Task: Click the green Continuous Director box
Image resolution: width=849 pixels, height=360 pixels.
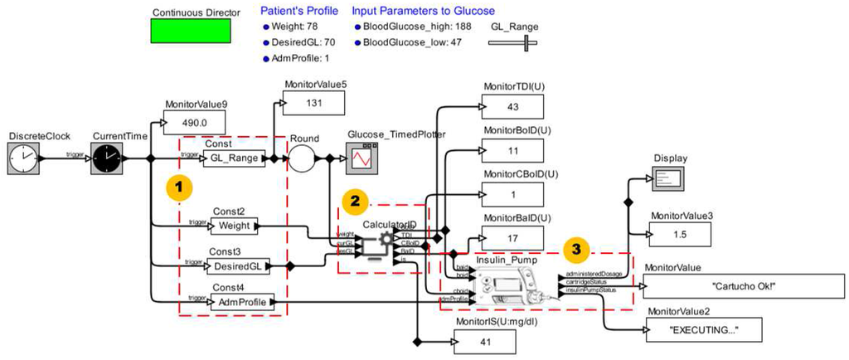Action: click(x=190, y=32)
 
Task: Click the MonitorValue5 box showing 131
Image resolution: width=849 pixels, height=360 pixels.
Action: click(x=314, y=103)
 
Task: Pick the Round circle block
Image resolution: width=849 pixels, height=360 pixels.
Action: click(x=303, y=158)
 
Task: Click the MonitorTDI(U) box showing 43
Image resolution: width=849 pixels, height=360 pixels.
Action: click(x=512, y=107)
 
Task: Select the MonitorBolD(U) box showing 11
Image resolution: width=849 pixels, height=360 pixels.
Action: click(x=512, y=151)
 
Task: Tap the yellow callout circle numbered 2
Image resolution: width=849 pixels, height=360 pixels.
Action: click(x=355, y=200)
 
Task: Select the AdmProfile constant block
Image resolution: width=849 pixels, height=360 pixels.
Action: click(x=240, y=302)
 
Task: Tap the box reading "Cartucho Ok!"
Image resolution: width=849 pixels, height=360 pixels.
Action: click(x=743, y=285)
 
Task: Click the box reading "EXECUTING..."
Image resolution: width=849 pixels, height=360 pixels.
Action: click(x=704, y=329)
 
